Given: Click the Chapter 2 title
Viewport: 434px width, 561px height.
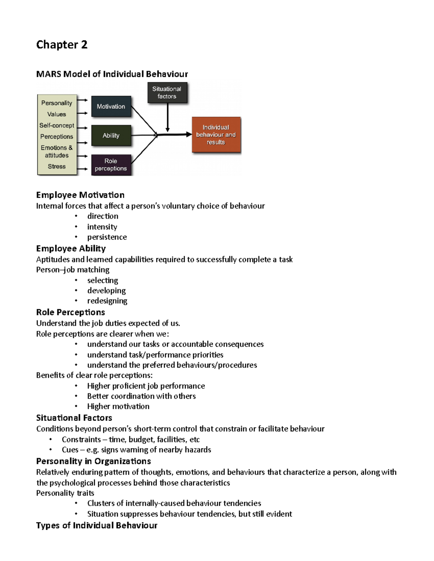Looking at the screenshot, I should [62, 45].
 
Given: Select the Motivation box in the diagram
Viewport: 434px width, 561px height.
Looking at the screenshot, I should [111, 107].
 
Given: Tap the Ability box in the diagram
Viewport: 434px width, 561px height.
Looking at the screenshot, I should [111, 135].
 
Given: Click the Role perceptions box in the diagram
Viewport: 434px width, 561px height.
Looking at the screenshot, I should [111, 165].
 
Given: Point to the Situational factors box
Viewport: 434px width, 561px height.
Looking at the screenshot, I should [167, 92].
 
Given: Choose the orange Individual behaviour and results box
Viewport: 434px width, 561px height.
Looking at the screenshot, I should [216, 135].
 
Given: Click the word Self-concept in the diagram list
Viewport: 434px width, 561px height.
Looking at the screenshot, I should [57, 125].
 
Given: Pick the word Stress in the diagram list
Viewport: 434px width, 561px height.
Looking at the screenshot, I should [57, 167].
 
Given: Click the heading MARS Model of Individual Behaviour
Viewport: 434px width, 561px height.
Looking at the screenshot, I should [112, 74].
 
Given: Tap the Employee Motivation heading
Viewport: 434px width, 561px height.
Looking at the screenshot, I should [80, 195].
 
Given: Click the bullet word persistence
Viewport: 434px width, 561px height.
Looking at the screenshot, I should [107, 237].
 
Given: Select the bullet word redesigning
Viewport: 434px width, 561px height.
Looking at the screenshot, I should [107, 301].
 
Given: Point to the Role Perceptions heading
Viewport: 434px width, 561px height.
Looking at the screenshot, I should [71, 312].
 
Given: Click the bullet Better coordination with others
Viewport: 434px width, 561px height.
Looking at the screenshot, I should [141, 396].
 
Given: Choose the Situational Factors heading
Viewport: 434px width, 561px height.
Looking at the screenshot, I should [74, 418].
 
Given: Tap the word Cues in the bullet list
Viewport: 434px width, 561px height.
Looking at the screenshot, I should [70, 450].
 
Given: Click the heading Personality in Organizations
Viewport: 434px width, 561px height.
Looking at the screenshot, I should [93, 461].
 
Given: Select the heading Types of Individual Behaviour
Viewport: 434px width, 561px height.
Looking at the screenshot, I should [97, 525].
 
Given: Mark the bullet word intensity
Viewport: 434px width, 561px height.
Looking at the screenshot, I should [102, 227].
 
